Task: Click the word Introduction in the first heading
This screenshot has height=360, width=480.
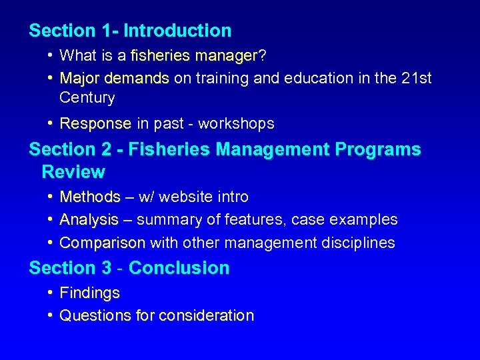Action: pyautogui.click(x=177, y=31)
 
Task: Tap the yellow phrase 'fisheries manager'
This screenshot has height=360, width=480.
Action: pyautogui.click(x=194, y=55)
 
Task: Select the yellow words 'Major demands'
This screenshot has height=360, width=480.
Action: pyautogui.click(x=114, y=78)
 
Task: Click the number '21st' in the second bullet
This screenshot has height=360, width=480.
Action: pyautogui.click(x=417, y=78)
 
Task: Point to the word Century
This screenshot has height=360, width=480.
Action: pyautogui.click(x=87, y=97)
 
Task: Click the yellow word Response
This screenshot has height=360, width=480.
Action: pyautogui.click(x=95, y=123)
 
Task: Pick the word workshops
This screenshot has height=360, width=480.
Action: pyautogui.click(x=236, y=123)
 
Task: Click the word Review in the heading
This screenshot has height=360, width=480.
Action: pyautogui.click(x=73, y=172)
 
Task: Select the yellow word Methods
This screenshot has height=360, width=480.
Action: pyautogui.click(x=90, y=197)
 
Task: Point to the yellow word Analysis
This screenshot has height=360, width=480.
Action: pyautogui.click(x=89, y=219)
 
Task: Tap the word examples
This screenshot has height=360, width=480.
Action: pyautogui.click(x=367, y=219)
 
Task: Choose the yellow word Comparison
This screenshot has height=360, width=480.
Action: pyautogui.click(x=102, y=243)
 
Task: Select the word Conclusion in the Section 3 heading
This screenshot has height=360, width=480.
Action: pyautogui.click(x=179, y=268)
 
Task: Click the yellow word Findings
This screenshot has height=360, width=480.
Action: pyautogui.click(x=89, y=293)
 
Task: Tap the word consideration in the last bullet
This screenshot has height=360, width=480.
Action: pyautogui.click(x=206, y=315)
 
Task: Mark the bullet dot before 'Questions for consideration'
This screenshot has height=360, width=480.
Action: pyautogui.click(x=51, y=315)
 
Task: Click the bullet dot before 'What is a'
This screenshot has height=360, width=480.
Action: pyautogui.click(x=51, y=55)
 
